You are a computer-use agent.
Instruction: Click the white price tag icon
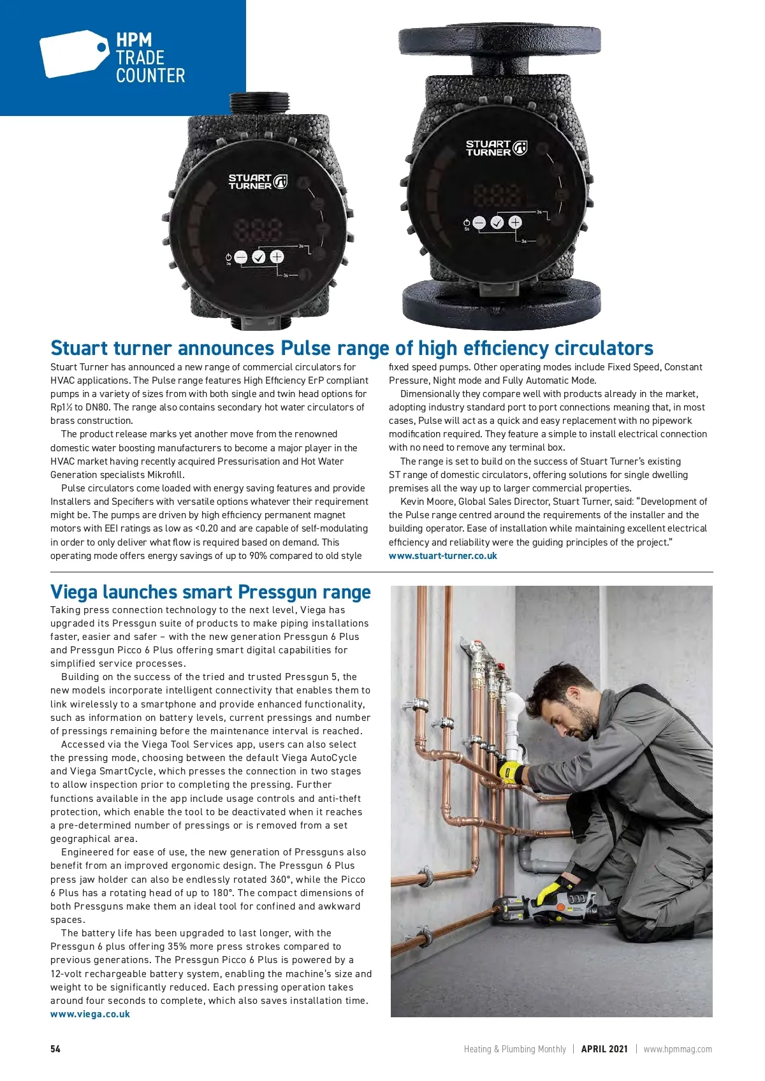[x=73, y=54]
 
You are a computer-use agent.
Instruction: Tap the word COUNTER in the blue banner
[x=150, y=76]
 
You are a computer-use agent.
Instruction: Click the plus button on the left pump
[x=277, y=257]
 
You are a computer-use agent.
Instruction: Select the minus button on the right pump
[x=479, y=222]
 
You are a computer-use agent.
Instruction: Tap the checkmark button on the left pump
[x=258, y=257]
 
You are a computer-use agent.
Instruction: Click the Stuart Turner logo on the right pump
[x=496, y=148]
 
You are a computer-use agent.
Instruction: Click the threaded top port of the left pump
[x=259, y=103]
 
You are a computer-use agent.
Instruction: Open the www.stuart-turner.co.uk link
[x=442, y=556]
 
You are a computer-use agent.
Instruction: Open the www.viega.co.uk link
[x=90, y=1014]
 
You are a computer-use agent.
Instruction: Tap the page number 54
[x=55, y=1049]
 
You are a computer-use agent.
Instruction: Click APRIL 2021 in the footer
[x=604, y=1049]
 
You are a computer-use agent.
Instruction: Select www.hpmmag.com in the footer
[x=678, y=1049]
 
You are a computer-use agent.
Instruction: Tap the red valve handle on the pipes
[x=502, y=667]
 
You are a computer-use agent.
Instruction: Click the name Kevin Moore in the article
[x=427, y=502]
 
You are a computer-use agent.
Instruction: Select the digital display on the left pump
[x=258, y=229]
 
